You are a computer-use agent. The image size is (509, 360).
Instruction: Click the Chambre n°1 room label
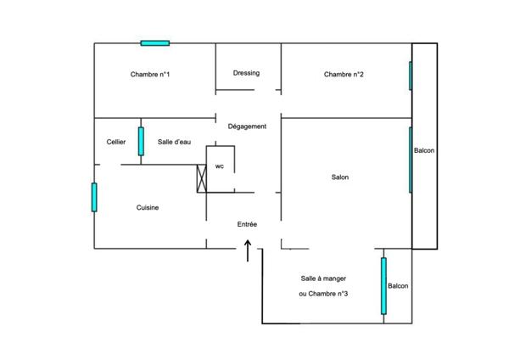point(150,75)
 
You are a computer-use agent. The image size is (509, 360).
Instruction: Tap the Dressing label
point(246,73)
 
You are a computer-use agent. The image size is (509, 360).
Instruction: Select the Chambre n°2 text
point(344,75)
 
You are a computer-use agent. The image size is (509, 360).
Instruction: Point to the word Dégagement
point(247,127)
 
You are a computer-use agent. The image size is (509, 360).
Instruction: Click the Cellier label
point(116,142)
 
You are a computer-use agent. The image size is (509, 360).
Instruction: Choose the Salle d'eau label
point(173,142)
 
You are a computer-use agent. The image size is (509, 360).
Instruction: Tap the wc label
point(219,166)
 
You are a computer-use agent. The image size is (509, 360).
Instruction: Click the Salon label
point(340,177)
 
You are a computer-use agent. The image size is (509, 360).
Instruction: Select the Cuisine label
point(148,207)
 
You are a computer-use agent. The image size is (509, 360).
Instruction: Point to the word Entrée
point(247,224)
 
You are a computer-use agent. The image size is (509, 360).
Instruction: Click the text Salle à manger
point(323,278)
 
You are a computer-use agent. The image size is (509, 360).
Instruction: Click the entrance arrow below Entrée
point(248,251)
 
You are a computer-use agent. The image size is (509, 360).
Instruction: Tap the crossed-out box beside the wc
point(201,177)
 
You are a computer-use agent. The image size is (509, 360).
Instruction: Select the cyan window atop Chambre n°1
point(154,42)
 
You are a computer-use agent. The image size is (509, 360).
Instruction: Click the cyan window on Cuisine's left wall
point(94,197)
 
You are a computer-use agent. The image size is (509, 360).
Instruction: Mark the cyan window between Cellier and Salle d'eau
point(141,141)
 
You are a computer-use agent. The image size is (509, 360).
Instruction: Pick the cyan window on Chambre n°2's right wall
point(411,76)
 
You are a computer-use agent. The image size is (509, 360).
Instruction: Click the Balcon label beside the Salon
point(424,151)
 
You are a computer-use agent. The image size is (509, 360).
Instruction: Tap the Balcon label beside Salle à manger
point(398,286)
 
